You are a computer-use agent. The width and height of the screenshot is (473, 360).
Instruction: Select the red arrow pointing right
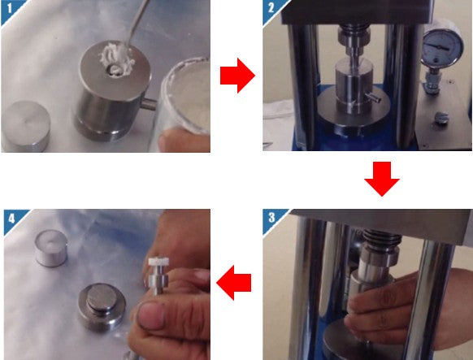[237, 76]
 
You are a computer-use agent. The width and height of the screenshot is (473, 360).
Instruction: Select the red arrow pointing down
[382, 179]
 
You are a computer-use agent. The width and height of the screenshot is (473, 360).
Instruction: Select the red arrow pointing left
[234, 283]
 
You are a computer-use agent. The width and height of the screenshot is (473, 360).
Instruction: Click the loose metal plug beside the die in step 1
[26, 126]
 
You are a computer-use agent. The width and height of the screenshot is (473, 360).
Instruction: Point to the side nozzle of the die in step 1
[149, 104]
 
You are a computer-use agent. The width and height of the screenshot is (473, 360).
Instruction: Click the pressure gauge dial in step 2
[441, 46]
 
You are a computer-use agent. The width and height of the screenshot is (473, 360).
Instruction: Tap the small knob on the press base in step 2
[441, 118]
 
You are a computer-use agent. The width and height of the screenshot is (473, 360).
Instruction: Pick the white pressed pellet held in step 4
[158, 262]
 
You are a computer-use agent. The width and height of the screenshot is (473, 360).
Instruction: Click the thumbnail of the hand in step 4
[151, 315]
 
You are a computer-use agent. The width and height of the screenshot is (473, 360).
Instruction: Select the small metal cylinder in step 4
[51, 248]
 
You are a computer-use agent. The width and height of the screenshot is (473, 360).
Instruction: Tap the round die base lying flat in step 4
[102, 306]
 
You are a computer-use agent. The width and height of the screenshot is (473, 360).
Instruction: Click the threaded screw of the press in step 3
[382, 236]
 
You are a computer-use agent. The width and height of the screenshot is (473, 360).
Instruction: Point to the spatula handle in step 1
[138, 23]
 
